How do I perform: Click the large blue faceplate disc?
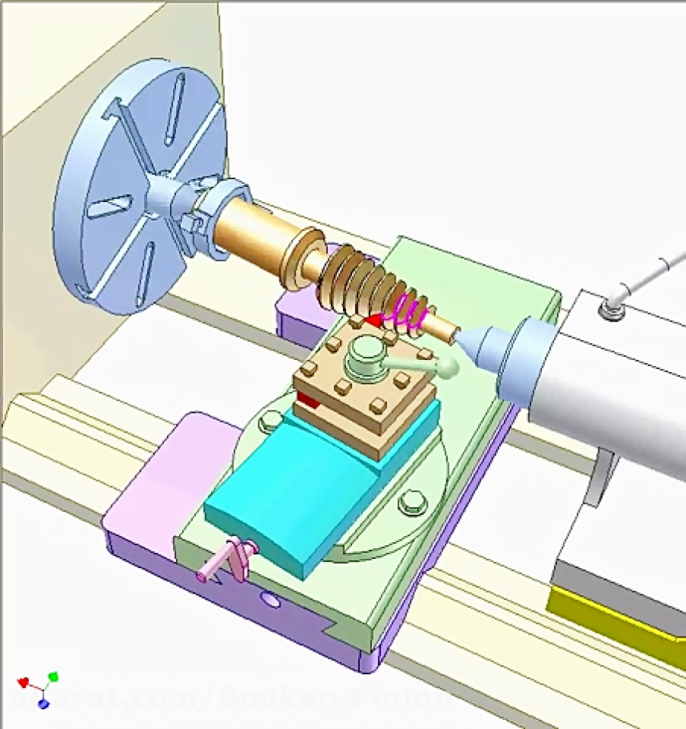(114, 191)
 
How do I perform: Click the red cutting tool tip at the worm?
(374, 321)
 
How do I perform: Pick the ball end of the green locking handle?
(448, 369)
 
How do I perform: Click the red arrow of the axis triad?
(24, 681)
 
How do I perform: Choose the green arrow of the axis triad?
(53, 676)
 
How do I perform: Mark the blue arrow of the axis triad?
(43, 703)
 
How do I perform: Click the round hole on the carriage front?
(268, 600)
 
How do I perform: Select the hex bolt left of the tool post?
(270, 420)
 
